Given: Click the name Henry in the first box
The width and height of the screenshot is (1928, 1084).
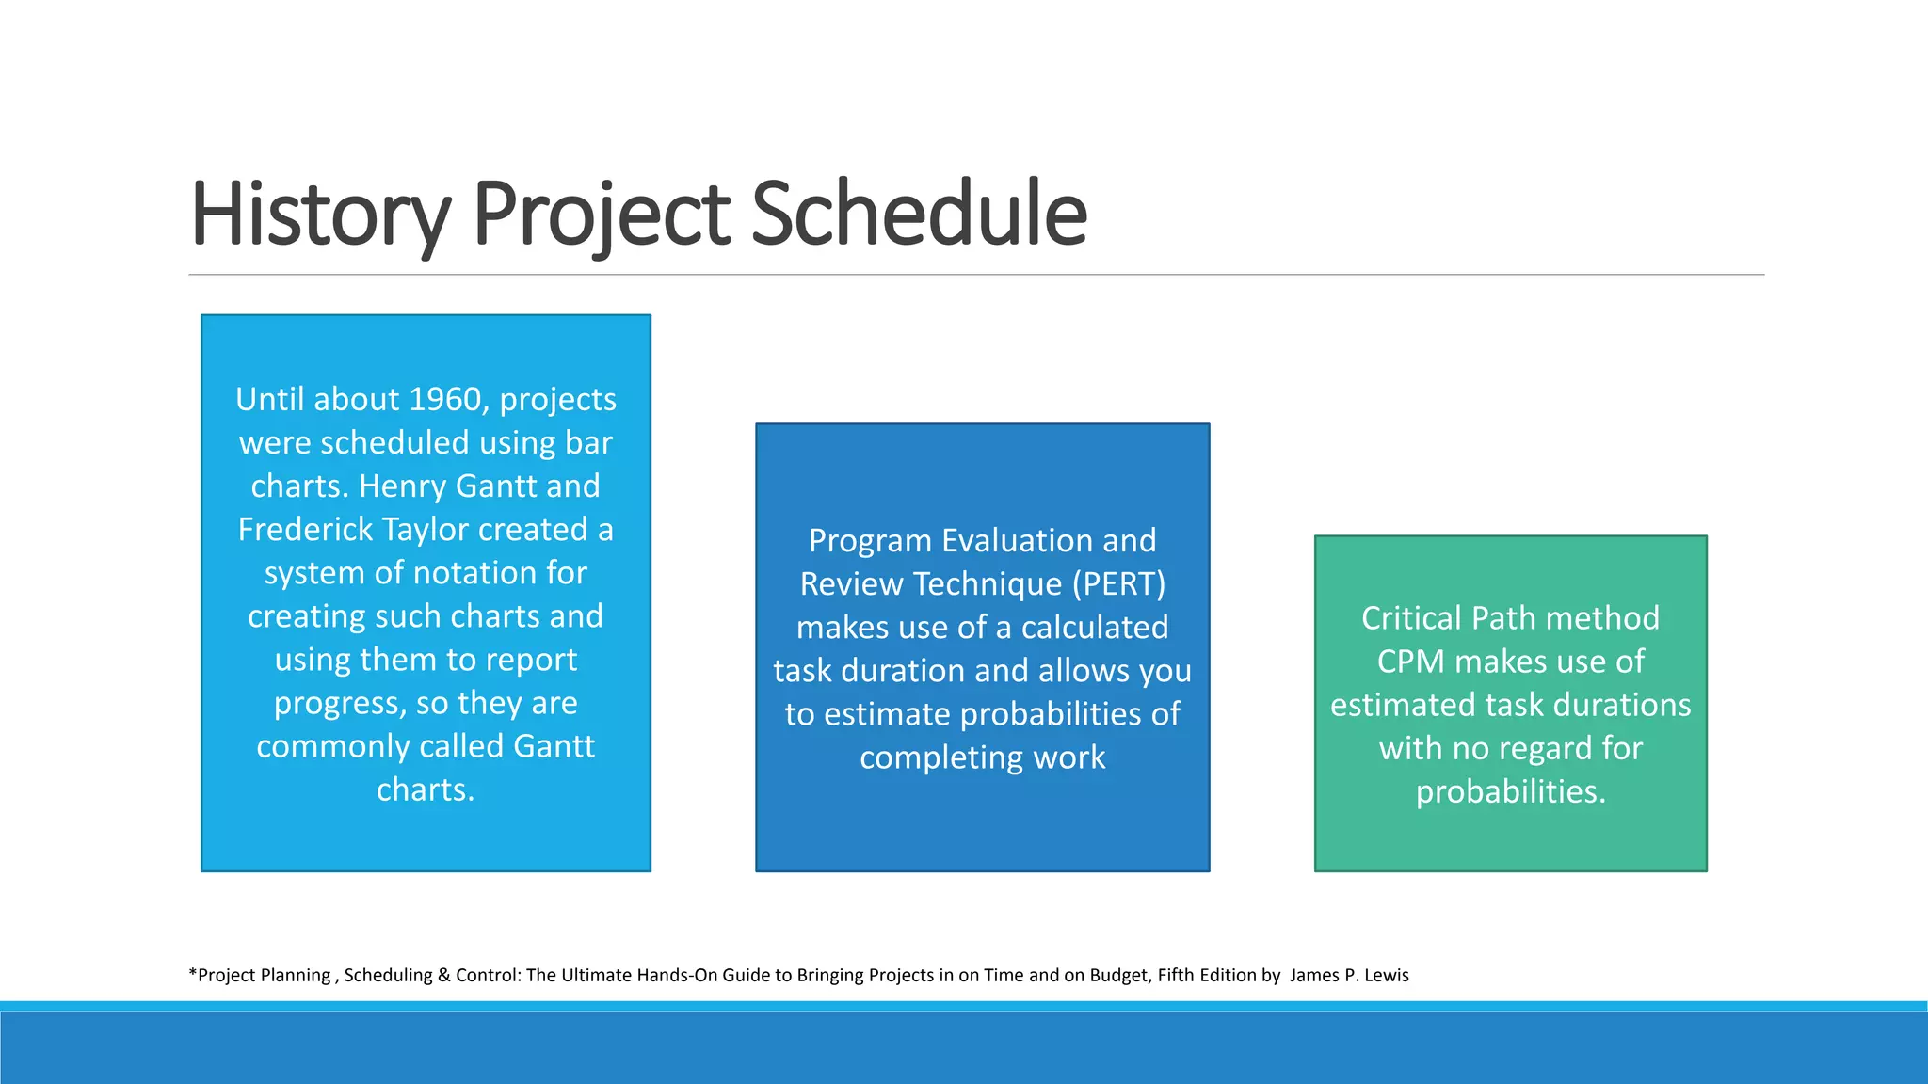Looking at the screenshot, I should [x=402, y=486].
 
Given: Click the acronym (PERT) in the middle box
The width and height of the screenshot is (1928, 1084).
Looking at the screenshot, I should [x=1119, y=584].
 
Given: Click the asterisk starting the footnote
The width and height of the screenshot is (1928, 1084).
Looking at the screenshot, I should [x=193, y=973].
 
